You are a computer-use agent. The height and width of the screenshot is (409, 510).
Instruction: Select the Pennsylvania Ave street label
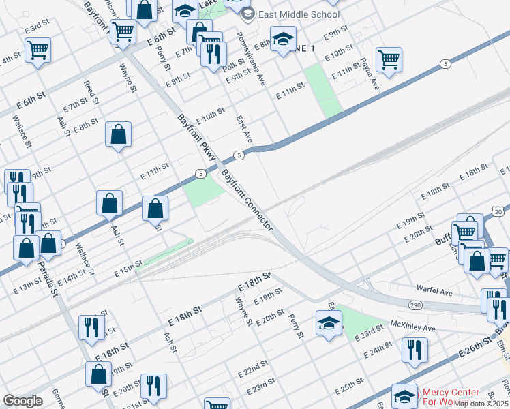tap(250, 58)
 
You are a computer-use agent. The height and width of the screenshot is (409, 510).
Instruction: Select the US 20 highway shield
tap(498, 212)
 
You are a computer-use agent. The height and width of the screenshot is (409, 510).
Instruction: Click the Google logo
tap(22, 401)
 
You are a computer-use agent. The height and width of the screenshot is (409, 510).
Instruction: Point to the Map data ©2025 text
tap(481, 404)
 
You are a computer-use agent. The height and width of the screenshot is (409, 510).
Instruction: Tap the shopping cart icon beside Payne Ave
tap(389, 59)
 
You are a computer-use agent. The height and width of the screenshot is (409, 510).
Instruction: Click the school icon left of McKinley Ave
tap(329, 323)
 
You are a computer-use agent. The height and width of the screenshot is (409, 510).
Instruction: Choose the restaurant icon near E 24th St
tap(413, 350)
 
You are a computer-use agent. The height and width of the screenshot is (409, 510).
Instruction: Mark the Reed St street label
tap(90, 95)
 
